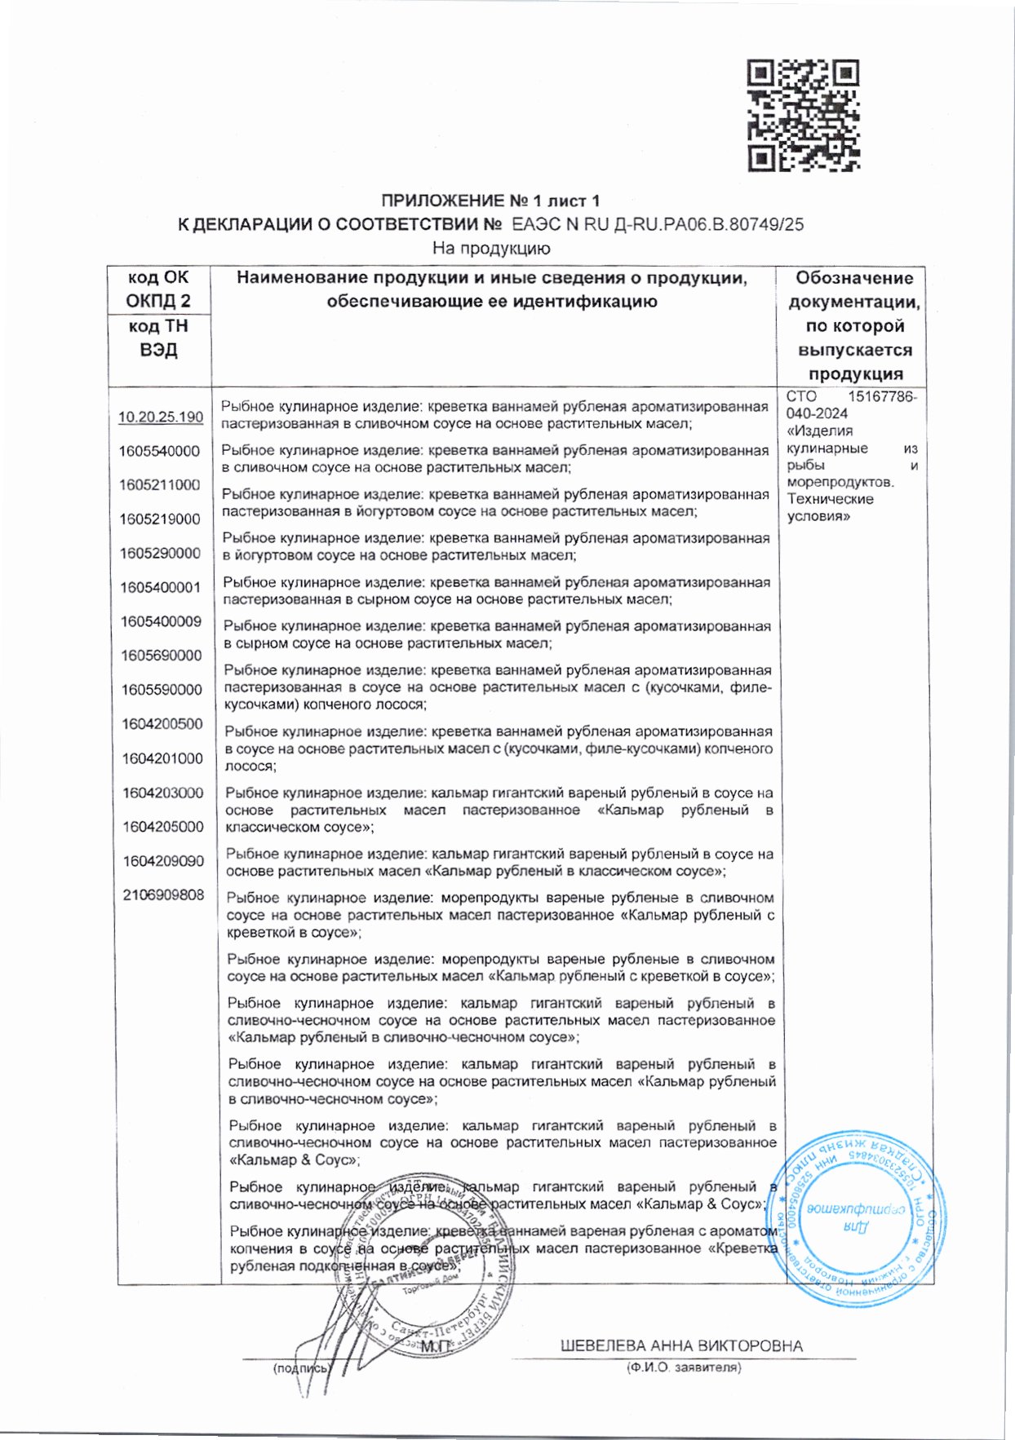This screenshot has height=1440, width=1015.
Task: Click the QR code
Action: pyautogui.click(x=804, y=115)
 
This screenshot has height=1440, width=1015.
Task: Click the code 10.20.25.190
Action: pyautogui.click(x=161, y=417)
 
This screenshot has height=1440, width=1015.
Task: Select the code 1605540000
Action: pyautogui.click(x=159, y=451)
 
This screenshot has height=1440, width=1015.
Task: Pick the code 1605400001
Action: pyautogui.click(x=160, y=587)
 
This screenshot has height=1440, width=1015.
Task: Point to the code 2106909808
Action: pyautogui.click(x=163, y=894)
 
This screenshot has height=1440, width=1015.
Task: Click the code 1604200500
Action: pyautogui.click(x=162, y=723)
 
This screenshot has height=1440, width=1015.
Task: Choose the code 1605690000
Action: pyautogui.click(x=162, y=656)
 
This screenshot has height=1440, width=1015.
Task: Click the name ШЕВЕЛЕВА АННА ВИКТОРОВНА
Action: pyautogui.click(x=681, y=1345)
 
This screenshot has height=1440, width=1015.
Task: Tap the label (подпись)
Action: pyautogui.click(x=301, y=1368)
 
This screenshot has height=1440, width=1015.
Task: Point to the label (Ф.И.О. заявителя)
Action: pyautogui.click(x=683, y=1367)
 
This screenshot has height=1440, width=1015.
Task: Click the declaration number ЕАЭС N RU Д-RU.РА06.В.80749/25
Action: pyautogui.click(x=657, y=224)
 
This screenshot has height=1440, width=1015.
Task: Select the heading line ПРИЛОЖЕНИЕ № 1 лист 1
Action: pyautogui.click(x=490, y=201)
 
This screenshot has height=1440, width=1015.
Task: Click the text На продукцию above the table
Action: pyautogui.click(x=491, y=248)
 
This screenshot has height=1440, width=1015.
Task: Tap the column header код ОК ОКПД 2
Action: pyautogui.click(x=158, y=289)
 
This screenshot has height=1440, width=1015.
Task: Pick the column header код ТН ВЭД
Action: pyautogui.click(x=158, y=338)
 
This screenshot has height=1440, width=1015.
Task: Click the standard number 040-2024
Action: pyautogui.click(x=817, y=413)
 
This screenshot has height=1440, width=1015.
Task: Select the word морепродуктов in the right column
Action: pyautogui.click(x=840, y=482)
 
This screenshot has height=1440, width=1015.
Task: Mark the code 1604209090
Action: pyautogui.click(x=163, y=860)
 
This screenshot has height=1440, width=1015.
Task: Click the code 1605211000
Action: pyautogui.click(x=159, y=484)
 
